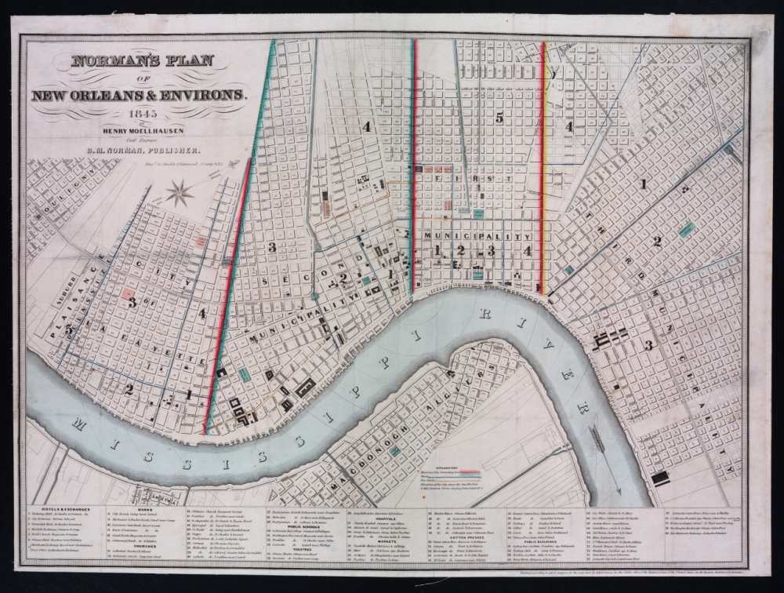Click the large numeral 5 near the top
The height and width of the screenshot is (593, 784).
499,118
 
